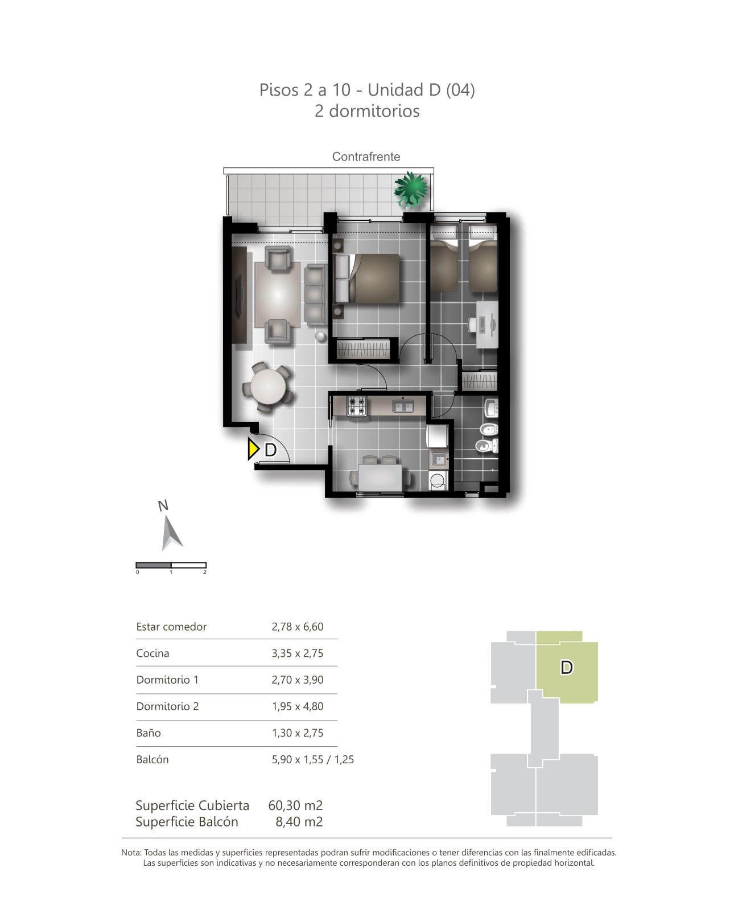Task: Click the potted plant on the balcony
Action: (410, 190)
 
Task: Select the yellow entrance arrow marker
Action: (253, 449)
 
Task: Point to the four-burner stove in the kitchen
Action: (357, 406)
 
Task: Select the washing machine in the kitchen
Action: (437, 480)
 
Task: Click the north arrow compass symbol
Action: (171, 533)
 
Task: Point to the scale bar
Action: (171, 565)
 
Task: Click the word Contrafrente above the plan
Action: (366, 157)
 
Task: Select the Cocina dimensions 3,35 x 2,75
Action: (297, 653)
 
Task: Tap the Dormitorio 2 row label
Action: (167, 706)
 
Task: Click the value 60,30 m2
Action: (295, 805)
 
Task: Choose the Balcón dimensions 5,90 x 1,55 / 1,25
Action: (312, 759)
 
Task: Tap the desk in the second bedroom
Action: (487, 324)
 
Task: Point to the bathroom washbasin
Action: (491, 408)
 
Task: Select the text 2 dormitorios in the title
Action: (367, 111)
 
